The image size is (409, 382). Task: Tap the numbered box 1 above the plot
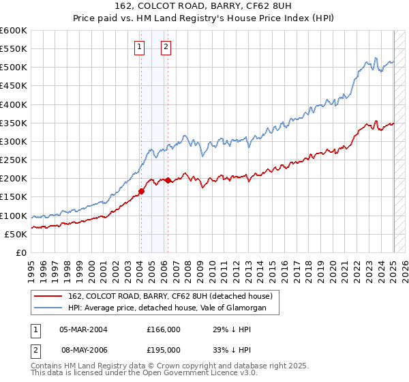[x=140, y=47]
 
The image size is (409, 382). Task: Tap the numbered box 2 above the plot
[x=166, y=47]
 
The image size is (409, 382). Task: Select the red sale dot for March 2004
[x=141, y=192]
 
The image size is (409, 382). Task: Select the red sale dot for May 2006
[x=168, y=180]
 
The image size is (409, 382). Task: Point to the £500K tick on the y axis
[x=14, y=68]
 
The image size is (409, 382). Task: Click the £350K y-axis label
[x=14, y=123]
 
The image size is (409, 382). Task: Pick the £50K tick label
[x=16, y=234]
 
